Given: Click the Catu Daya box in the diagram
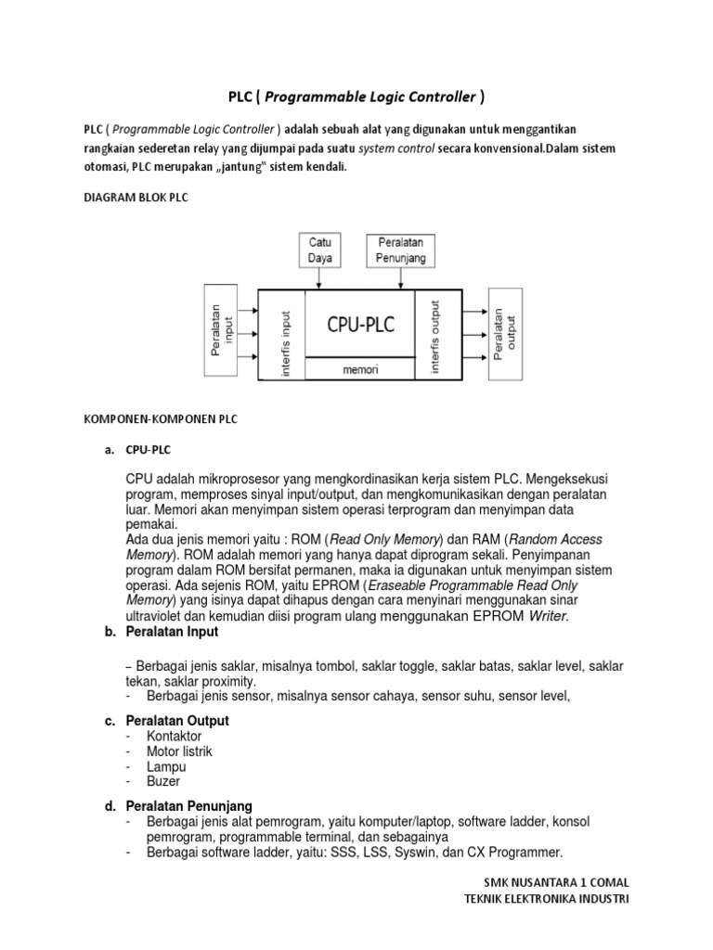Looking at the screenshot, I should (321, 250).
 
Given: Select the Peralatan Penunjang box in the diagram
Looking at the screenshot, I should (401, 250).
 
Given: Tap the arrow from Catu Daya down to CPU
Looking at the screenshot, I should (321, 278).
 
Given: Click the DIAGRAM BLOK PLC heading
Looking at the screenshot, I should (136, 199).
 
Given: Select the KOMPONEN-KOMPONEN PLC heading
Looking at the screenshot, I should (161, 418).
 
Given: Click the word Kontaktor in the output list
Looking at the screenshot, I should (174, 736).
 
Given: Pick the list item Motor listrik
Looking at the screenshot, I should (179, 751).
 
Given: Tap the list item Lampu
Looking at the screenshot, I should (166, 766).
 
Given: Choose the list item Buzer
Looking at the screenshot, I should (163, 781).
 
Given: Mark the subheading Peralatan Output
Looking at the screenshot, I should (177, 721).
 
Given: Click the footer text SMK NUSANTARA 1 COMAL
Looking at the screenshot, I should (556, 882).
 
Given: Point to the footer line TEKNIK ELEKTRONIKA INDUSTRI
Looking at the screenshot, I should (546, 900).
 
